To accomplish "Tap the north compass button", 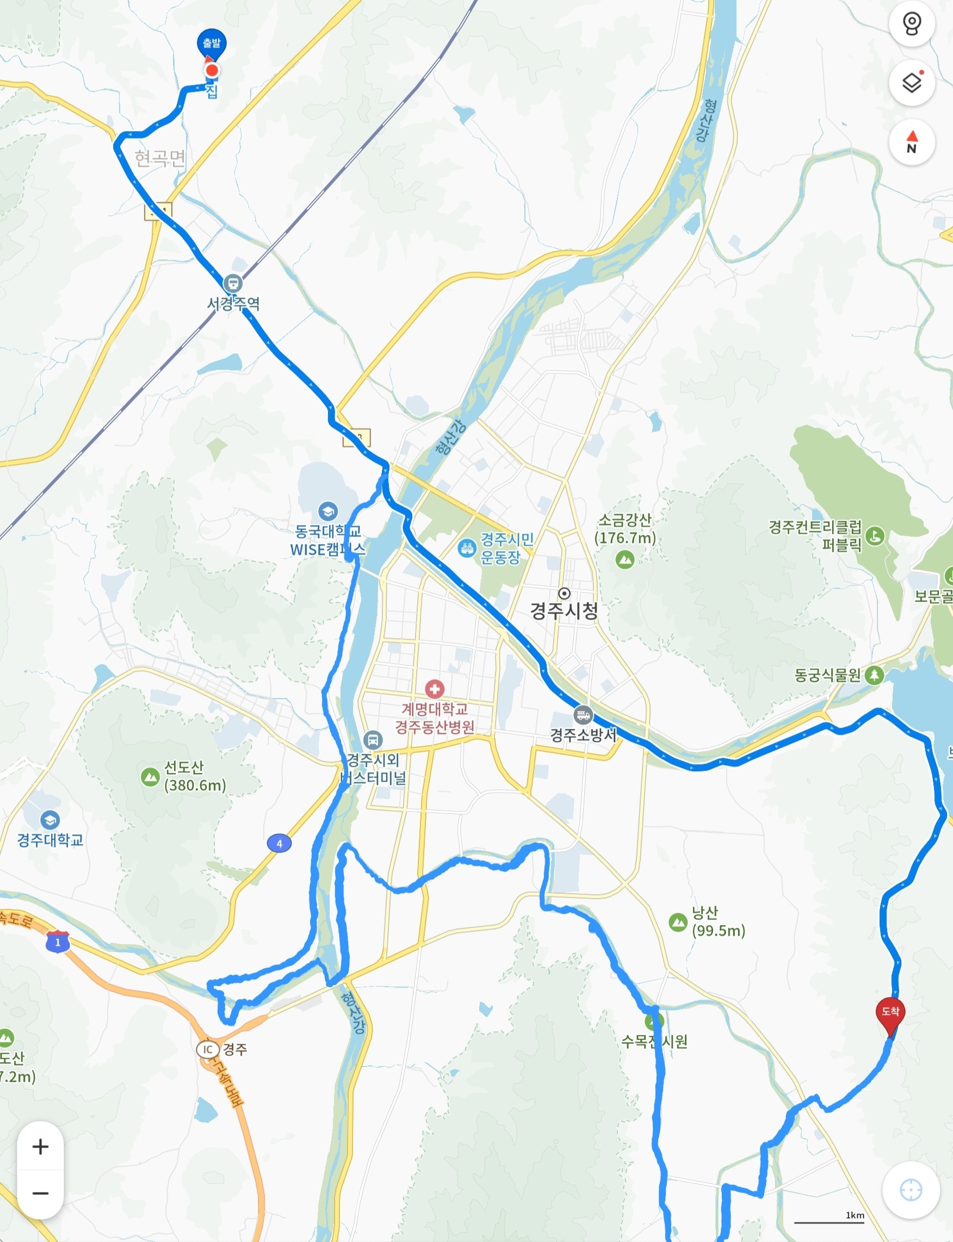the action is point(912,142).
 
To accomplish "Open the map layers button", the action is point(912,83).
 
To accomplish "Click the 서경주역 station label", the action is point(233,304).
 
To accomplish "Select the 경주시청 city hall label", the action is point(564,610).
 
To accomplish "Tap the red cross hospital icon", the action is point(435,689).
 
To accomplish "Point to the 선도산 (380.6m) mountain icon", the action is point(150,776).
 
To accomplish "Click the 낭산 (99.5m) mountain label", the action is point(718,921).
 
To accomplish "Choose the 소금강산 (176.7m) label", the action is point(625,529).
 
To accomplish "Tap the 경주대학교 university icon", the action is point(50,820).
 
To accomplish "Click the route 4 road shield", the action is point(279,844).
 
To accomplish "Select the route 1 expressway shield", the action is point(58,942).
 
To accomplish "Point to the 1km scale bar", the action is point(830,1221).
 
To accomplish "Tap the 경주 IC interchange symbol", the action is point(208,1049).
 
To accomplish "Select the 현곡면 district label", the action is point(160,158).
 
